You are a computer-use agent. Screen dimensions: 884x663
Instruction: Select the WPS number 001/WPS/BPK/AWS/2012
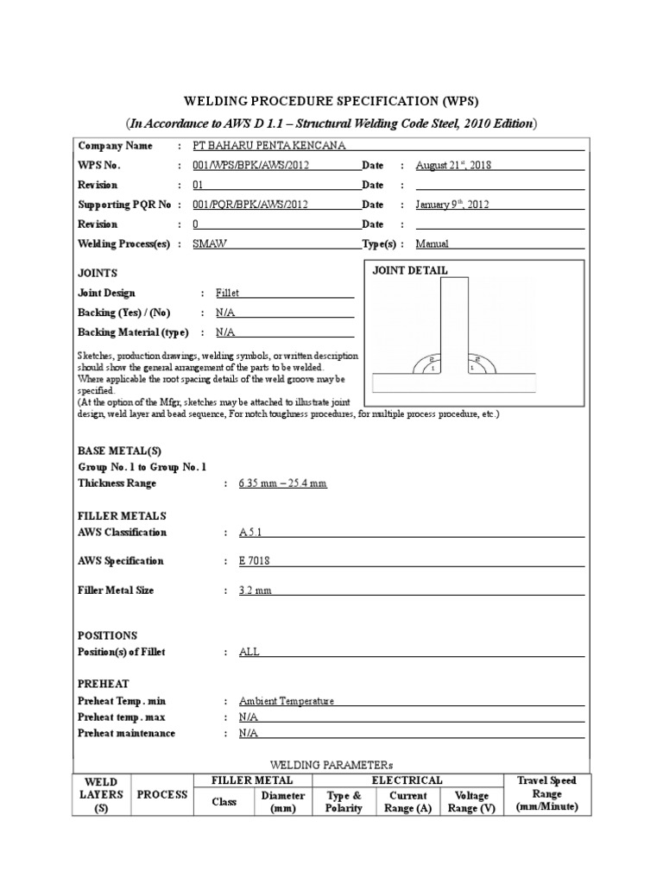pos(250,166)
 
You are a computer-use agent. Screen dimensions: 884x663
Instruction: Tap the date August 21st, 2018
pos(453,166)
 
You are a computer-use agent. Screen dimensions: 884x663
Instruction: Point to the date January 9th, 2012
pos(453,205)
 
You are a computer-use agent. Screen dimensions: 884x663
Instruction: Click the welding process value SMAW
pos(210,244)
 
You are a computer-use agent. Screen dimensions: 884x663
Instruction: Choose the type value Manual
pos(433,244)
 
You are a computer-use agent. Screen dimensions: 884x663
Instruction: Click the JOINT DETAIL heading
pos(410,270)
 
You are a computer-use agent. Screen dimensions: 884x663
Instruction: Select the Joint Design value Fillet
pos(229,294)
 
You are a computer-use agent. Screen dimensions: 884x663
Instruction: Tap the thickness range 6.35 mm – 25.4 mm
pos(283,483)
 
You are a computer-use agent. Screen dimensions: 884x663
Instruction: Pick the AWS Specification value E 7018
pos(255,561)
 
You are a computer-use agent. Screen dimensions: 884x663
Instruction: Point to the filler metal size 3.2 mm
pos(255,590)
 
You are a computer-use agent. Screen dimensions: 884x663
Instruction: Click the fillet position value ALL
pos(249,652)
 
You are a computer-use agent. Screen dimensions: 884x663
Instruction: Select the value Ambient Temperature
pos(287,701)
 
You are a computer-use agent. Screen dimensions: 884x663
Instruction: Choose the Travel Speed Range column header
pos(546,794)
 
